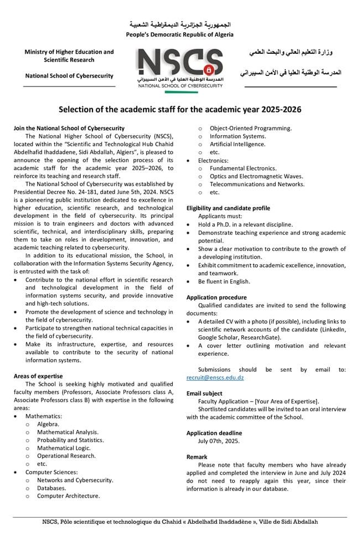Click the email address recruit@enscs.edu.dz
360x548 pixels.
215,377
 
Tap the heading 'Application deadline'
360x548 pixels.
214,433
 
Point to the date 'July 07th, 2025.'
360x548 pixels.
218,441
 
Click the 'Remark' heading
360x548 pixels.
197,457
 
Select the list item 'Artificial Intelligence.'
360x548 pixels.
237,144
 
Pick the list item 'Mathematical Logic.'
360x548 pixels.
63,448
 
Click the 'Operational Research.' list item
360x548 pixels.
66,456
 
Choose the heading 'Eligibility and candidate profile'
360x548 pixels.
228,208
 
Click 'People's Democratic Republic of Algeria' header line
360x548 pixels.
179,34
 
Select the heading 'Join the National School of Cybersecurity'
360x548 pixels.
69,129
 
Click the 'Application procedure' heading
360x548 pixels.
217,298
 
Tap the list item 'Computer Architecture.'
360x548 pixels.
69,496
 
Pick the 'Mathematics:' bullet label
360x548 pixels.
43,416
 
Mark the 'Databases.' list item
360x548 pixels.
52,488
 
